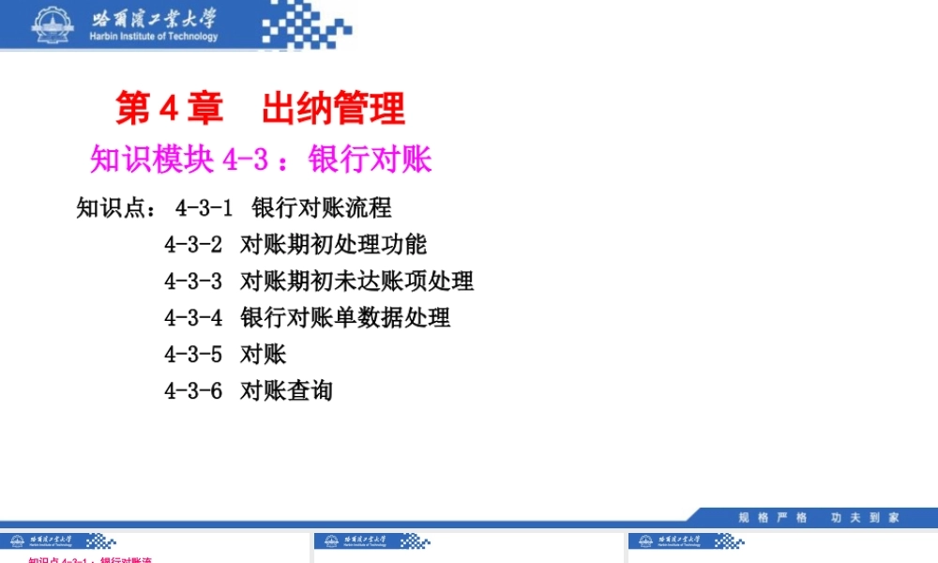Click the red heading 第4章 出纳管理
click(260, 109)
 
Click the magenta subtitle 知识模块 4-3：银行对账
click(260, 160)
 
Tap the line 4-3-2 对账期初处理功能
click(295, 244)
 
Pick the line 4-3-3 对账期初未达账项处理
click(319, 281)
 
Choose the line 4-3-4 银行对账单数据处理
click(307, 317)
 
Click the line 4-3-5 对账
click(225, 354)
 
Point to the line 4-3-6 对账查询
click(249, 390)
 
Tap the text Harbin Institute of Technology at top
click(154, 37)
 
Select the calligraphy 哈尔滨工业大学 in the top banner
click(154, 18)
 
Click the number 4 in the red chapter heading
click(170, 109)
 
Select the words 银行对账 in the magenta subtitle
click(370, 160)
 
